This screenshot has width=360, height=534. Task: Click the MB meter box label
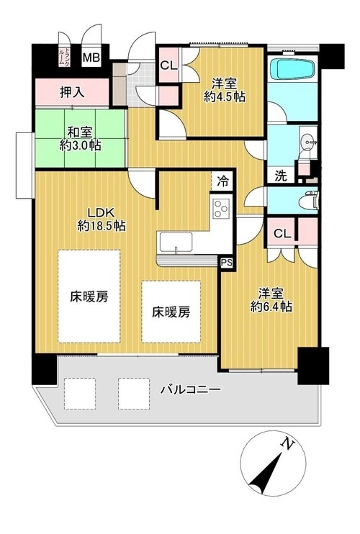tap(91, 58)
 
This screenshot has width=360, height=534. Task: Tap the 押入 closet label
tap(72, 91)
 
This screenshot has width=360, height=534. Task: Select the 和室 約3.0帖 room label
tap(80, 139)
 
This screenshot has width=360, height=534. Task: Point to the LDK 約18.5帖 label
tap(101, 219)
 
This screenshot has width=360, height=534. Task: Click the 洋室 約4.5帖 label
tap(225, 90)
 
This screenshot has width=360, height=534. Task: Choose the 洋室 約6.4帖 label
tap(271, 300)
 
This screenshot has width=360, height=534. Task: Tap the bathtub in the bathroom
tap(292, 69)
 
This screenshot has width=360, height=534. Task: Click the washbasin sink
tap(309, 140)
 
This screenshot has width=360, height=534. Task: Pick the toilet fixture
tap(309, 201)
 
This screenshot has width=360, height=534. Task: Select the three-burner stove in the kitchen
tap(221, 209)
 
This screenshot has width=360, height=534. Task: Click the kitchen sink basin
tap(175, 242)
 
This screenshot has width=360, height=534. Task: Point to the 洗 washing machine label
tap(281, 176)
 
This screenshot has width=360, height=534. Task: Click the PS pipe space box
tap(227, 262)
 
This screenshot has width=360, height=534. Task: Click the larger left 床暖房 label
tap(89, 297)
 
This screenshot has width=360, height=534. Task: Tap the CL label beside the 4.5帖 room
tap(168, 65)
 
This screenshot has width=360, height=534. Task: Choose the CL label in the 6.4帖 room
tap(283, 234)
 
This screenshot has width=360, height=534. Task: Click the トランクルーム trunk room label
tap(64, 57)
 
